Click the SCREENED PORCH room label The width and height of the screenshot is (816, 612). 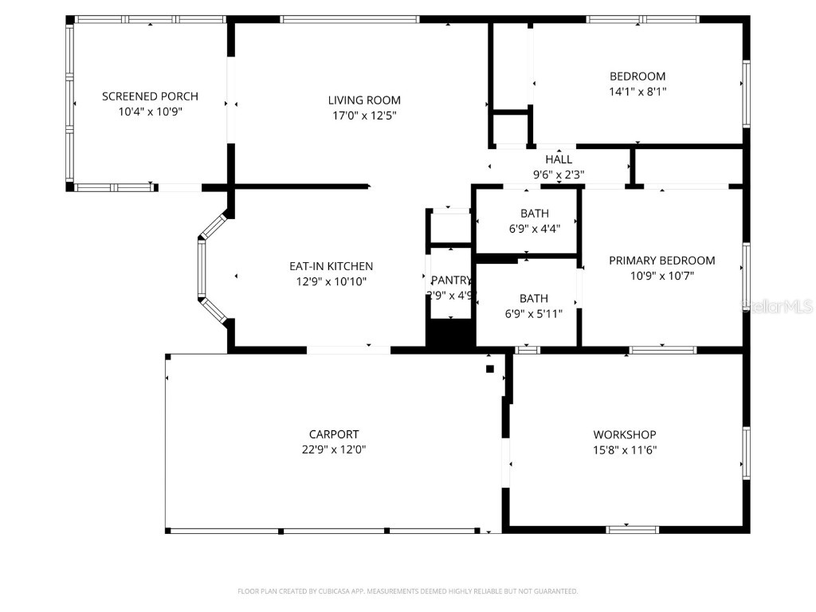pos(150,96)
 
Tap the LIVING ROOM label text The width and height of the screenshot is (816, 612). pos(364,100)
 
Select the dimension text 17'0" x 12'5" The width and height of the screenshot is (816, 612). pos(364,116)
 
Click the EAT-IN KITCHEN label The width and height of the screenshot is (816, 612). pos(331,266)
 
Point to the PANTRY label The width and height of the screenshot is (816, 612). pos(451,280)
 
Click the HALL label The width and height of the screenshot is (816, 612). pos(559,159)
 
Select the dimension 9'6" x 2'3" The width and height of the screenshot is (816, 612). pos(559,175)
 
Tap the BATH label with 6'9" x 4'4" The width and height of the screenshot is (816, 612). pos(534,214)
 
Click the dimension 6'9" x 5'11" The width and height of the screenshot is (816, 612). pos(534,314)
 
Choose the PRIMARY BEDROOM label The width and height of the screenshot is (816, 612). pos(662,261)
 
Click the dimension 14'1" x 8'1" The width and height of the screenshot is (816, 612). pos(637,92)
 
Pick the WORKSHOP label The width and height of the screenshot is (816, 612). pos(625,434)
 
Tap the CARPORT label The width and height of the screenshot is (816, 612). pos(334,434)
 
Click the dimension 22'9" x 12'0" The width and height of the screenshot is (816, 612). pos(334,449)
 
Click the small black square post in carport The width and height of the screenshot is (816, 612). pos(490,368)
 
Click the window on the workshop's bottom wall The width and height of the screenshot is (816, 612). pos(632,528)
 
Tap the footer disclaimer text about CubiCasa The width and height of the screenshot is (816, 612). pos(408,591)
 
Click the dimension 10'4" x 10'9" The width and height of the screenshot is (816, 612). pos(150,112)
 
